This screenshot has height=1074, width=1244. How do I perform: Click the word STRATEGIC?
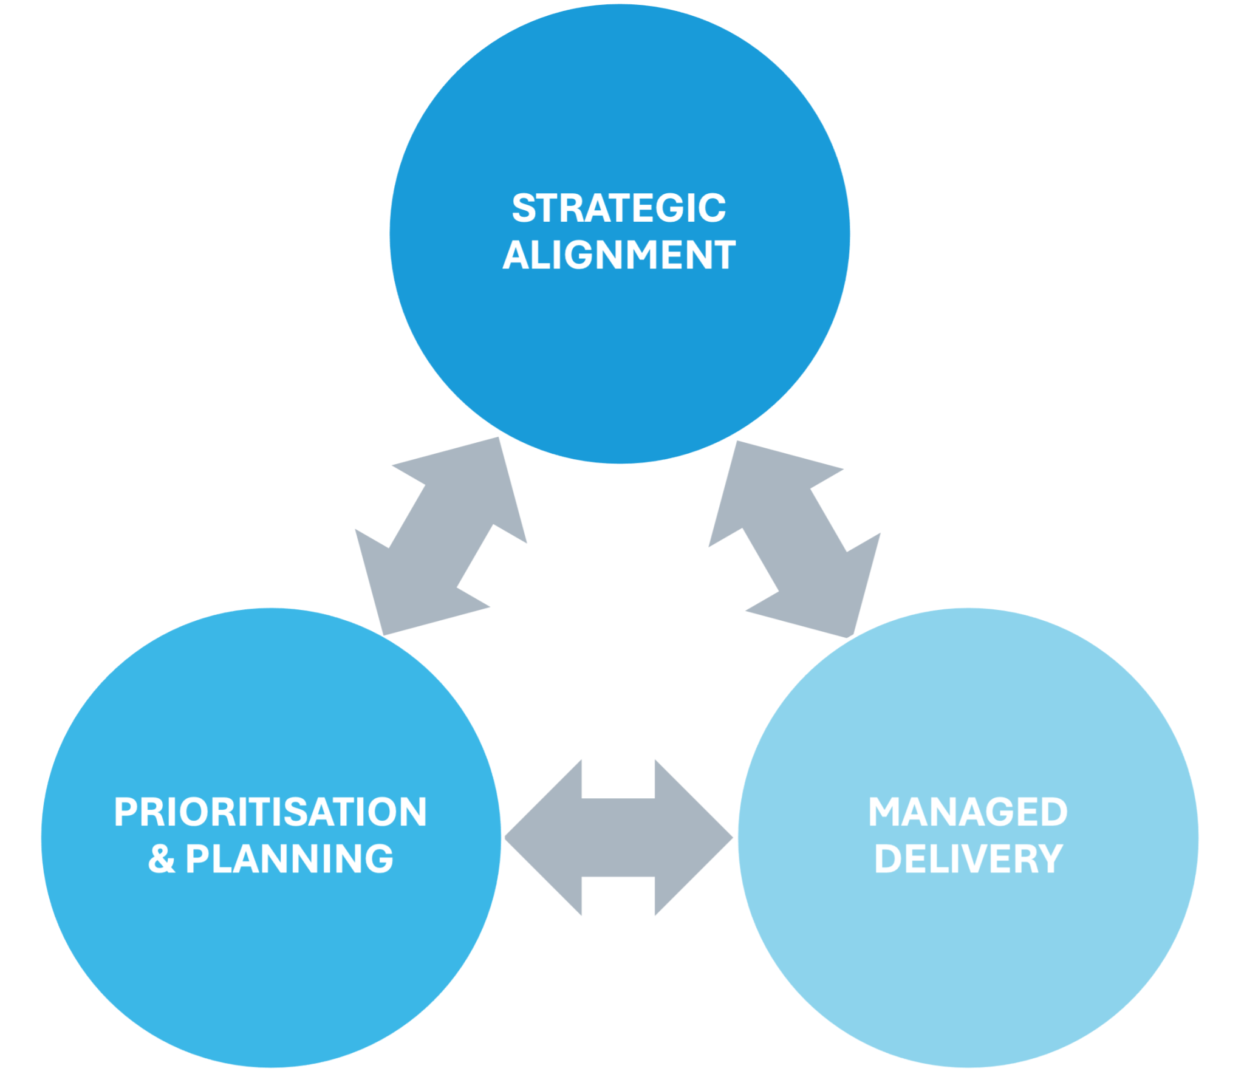click(x=618, y=208)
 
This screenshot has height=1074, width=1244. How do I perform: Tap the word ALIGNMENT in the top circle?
click(x=618, y=255)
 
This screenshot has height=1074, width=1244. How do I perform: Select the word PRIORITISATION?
click(x=270, y=812)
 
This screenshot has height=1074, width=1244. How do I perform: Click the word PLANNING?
click(x=289, y=859)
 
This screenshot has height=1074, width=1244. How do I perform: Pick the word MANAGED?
click(x=968, y=812)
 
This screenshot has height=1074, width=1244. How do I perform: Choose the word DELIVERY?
click(x=968, y=859)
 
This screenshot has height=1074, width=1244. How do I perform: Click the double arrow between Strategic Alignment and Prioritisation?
click(x=441, y=536)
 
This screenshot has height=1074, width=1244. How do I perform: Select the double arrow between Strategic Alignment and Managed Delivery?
click(x=795, y=539)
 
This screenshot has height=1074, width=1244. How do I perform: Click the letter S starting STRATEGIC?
click(x=522, y=208)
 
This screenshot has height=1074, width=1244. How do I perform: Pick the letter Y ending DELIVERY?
click(x=1049, y=859)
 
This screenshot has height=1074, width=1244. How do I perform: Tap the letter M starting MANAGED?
click(x=884, y=812)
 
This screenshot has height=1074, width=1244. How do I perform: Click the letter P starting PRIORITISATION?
click(x=125, y=812)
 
